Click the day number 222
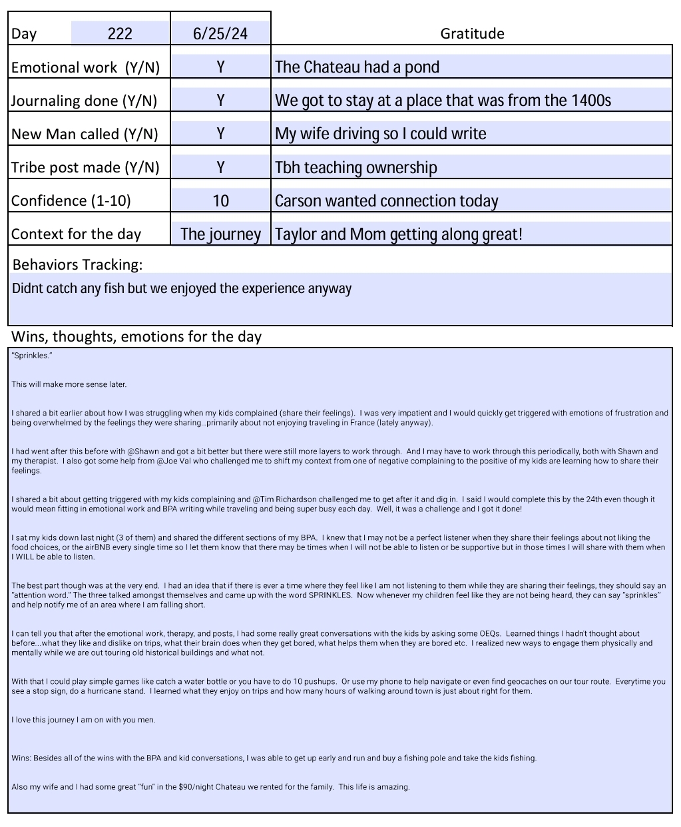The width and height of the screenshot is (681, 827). [x=120, y=33]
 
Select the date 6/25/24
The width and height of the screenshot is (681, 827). [x=220, y=33]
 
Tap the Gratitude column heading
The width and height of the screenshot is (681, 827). [x=472, y=33]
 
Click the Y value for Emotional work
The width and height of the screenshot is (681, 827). [x=220, y=67]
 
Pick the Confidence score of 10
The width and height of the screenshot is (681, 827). [x=220, y=200]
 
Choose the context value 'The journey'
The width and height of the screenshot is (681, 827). [x=220, y=234]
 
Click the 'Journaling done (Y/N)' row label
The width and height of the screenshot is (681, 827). [x=85, y=101]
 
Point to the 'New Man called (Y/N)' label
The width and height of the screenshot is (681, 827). [x=85, y=134]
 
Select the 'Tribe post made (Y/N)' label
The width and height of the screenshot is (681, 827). [x=85, y=167]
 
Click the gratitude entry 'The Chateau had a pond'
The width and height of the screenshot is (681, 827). [x=357, y=67]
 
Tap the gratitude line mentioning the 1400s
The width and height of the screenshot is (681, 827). [x=443, y=101]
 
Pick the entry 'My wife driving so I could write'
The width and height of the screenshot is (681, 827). [x=380, y=134]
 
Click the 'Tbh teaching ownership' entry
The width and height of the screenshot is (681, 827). [x=355, y=167]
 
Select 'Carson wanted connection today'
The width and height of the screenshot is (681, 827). [x=386, y=200]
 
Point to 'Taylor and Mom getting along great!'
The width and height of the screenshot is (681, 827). [x=398, y=234]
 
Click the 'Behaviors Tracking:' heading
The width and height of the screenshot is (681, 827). [x=77, y=264]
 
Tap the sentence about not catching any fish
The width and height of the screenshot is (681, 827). [x=181, y=288]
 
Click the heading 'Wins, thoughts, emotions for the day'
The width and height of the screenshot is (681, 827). [x=136, y=336]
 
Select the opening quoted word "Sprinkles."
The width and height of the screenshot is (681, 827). [x=32, y=356]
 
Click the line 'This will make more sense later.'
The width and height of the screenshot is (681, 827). [x=69, y=384]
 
